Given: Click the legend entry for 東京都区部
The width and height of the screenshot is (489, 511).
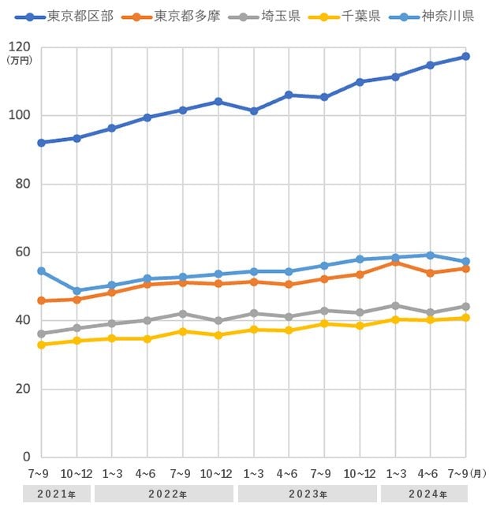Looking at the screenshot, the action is click(x=64, y=16).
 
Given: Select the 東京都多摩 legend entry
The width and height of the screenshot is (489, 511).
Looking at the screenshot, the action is click(x=171, y=16).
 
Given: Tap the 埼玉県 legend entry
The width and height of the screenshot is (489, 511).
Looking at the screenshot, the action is click(x=264, y=16).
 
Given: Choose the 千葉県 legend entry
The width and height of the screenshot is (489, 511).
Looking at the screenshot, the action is click(x=344, y=16).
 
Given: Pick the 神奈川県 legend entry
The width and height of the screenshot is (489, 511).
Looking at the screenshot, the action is click(x=431, y=16).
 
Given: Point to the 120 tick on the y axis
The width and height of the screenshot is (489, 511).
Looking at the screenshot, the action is click(x=19, y=47).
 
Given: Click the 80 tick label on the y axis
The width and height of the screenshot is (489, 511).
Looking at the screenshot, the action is click(x=23, y=184).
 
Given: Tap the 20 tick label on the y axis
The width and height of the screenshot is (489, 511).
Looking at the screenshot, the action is click(x=23, y=389).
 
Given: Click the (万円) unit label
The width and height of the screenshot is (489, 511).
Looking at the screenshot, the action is click(x=20, y=60).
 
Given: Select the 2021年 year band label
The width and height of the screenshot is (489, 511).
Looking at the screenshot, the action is click(x=57, y=494).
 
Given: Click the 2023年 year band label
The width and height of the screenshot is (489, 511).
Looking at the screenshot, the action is click(x=308, y=494).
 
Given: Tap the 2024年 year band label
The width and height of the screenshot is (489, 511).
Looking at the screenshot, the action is click(x=427, y=494).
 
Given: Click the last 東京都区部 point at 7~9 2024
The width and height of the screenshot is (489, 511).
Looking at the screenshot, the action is click(x=465, y=57).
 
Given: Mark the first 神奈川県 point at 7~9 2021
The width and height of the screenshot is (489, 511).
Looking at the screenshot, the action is click(x=41, y=271).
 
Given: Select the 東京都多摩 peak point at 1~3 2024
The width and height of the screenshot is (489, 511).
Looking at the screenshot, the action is click(x=395, y=263).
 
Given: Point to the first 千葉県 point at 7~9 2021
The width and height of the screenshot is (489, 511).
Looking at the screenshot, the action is click(x=41, y=345).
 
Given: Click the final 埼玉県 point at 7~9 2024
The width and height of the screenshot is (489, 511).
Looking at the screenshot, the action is click(x=465, y=307).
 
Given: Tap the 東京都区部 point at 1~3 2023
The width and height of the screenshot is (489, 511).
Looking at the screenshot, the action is click(x=254, y=111).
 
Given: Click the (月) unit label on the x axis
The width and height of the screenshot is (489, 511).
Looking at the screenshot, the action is click(x=478, y=473).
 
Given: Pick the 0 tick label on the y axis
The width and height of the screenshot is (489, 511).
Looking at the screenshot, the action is click(x=27, y=457).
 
